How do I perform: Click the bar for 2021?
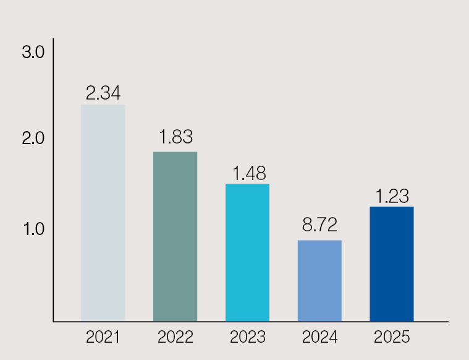[103, 213]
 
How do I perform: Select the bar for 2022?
[175, 236]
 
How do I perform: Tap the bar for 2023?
[247, 252]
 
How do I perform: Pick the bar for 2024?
[319, 281]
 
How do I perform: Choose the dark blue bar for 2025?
[392, 264]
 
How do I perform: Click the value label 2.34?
[103, 93]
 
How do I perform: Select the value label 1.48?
[247, 173]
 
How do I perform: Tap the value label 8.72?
[319, 224]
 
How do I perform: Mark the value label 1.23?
[392, 196]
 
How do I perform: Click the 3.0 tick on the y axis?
[33, 53]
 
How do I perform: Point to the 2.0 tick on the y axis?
[33, 139]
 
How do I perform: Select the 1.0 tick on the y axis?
[33, 229]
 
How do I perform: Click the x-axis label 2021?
[103, 338]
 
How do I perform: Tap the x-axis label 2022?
[175, 338]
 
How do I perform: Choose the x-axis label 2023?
[247, 338]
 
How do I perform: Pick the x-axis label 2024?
[319, 338]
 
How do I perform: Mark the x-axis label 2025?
[392, 338]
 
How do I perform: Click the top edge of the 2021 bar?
[103, 105]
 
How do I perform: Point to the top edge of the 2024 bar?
[319, 241]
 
